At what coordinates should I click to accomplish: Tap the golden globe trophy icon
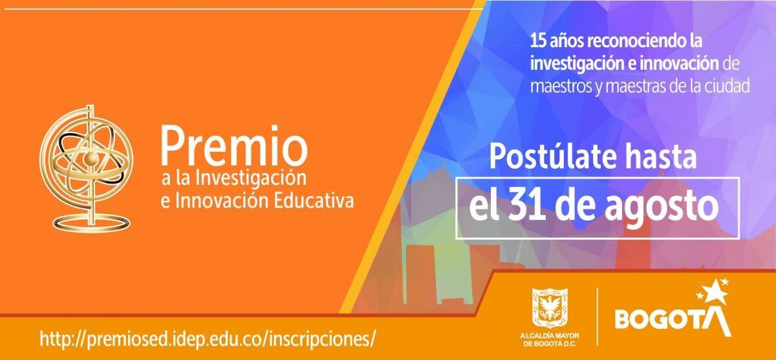[x=86, y=168]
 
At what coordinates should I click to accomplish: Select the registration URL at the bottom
[x=208, y=339]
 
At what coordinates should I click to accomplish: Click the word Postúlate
[x=553, y=157]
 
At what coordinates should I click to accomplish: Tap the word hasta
[x=661, y=157]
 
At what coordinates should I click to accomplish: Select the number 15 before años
[x=537, y=41]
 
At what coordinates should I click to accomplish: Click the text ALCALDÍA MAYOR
[x=550, y=336]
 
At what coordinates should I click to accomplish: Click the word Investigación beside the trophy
[x=251, y=179]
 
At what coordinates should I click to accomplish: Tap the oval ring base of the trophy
[x=91, y=222]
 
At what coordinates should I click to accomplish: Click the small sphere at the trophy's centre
[x=91, y=158]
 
